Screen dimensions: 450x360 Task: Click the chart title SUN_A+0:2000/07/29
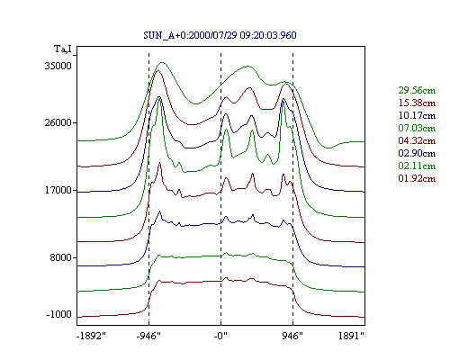(190, 35)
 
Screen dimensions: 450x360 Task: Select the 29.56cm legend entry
(417, 90)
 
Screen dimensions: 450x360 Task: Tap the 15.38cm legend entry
(417, 103)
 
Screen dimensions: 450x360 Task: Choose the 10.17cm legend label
(417, 115)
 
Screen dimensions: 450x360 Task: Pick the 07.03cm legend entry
(417, 128)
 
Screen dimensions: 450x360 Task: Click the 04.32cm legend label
(417, 140)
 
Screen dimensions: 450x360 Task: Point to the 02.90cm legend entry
(417, 153)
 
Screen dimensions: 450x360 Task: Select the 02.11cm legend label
(417, 166)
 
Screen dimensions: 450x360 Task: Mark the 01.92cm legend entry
(417, 178)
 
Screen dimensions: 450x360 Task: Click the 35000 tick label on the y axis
(58, 66)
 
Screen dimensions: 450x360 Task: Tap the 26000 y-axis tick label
(58, 122)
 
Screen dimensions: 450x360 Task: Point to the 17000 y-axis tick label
(58, 190)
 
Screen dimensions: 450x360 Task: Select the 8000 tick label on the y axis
(61, 257)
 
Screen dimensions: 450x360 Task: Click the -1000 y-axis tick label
(59, 314)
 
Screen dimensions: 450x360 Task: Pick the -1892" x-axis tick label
(92, 336)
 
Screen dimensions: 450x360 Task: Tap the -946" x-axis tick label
(148, 336)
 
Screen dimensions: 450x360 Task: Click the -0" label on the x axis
(220, 336)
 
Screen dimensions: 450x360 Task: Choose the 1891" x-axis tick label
(351, 336)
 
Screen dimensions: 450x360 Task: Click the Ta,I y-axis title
(63, 49)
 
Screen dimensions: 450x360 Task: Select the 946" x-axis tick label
(292, 336)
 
